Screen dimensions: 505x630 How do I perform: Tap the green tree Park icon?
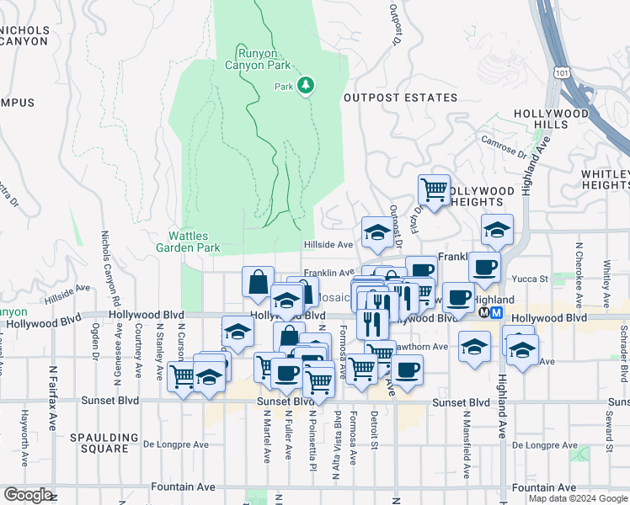coord(306,86)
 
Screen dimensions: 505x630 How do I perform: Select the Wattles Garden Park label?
coord(188,242)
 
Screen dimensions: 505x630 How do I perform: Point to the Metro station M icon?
coord(497,312)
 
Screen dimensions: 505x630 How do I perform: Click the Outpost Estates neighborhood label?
coord(400,98)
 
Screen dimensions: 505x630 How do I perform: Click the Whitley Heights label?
coord(604,179)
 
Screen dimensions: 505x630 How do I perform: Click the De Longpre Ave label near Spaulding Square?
coord(175,444)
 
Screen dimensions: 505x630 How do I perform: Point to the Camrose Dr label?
coord(505,148)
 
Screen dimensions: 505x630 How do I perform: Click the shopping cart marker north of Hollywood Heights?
coord(434,190)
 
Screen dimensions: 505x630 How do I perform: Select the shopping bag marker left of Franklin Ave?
coord(258,283)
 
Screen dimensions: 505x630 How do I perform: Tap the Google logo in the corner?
coord(27,495)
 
